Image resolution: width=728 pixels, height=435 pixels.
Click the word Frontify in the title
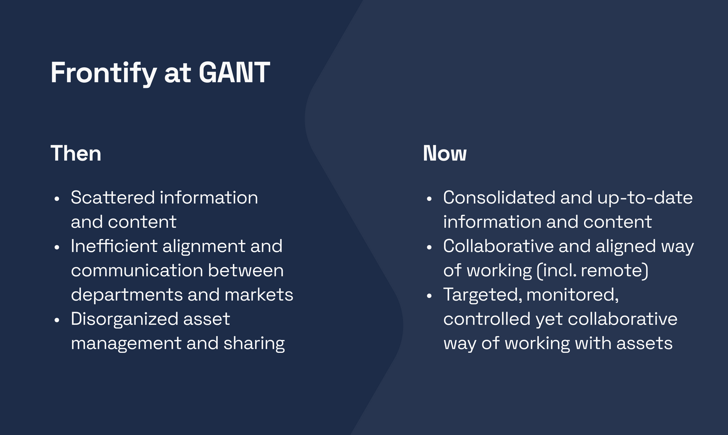(x=104, y=73)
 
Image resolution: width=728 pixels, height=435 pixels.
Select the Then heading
(x=76, y=153)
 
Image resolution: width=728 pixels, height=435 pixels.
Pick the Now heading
(x=445, y=153)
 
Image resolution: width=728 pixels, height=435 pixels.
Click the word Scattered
(x=113, y=197)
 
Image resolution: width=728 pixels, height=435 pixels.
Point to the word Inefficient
(x=114, y=246)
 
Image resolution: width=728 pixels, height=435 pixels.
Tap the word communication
(x=137, y=270)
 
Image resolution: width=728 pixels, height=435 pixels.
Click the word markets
(x=259, y=295)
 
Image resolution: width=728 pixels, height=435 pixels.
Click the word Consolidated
(x=499, y=197)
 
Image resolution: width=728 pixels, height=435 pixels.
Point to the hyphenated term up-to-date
(x=645, y=198)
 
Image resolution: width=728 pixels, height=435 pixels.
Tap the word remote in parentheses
(x=612, y=271)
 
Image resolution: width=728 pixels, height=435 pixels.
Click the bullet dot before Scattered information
(x=57, y=199)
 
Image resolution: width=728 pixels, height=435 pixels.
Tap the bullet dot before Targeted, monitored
(x=430, y=295)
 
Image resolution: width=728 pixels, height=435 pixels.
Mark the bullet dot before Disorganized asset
(x=57, y=320)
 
